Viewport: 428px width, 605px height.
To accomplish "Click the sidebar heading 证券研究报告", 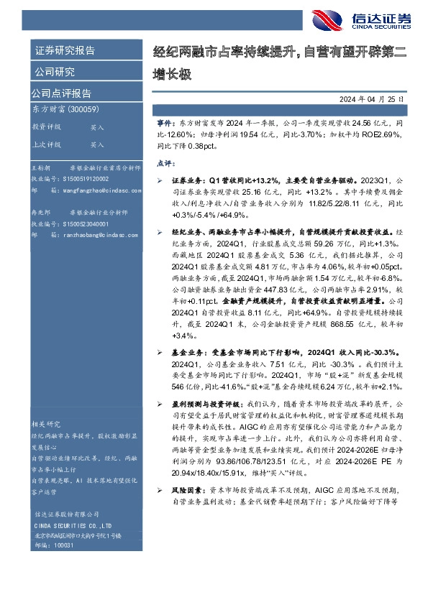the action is click(65, 51).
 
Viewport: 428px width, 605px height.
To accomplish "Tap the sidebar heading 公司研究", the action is click(54, 72).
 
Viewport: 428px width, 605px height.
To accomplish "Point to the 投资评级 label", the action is click(47, 126).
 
